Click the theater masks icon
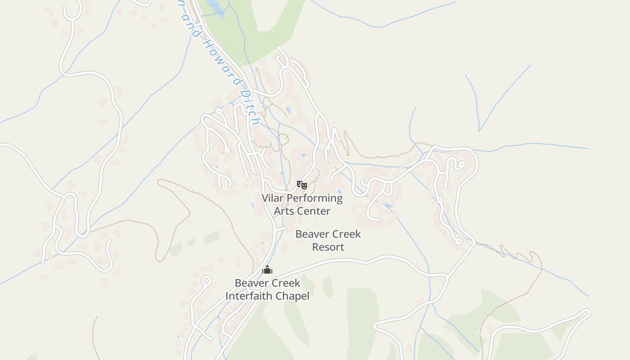tap(301, 184)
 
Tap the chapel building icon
tap(267, 270)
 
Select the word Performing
tap(315, 198)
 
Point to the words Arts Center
tap(302, 211)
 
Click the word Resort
tap(328, 247)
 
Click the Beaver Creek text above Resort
tap(328, 234)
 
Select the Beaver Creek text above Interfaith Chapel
tap(267, 283)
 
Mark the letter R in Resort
tap(315, 247)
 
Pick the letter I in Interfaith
tap(227, 296)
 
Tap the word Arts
tap(283, 211)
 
